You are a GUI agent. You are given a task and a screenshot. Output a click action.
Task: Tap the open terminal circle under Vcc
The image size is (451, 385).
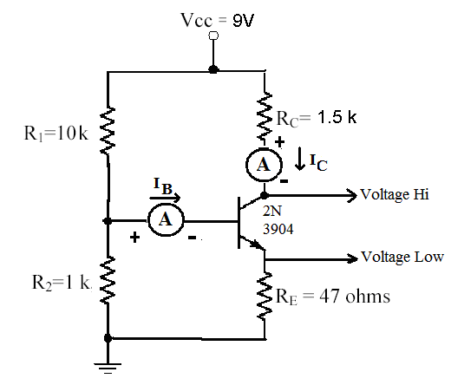pos(213,36)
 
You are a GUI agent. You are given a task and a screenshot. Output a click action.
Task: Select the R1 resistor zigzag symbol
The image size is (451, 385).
pos(108,130)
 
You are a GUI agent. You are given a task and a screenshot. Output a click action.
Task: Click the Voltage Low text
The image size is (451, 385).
pos(402,257)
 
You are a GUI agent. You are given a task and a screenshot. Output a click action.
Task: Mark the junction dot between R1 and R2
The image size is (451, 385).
pos(108,222)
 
